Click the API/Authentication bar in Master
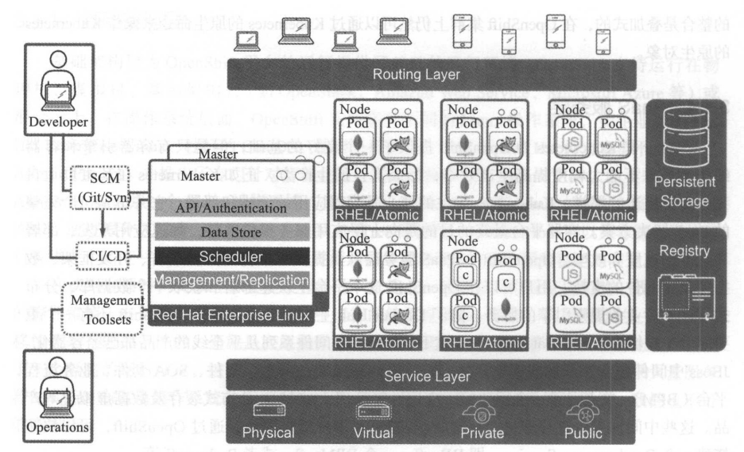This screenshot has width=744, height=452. click(231, 208)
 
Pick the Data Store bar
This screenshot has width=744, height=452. click(231, 232)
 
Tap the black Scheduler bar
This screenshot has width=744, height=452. click(231, 256)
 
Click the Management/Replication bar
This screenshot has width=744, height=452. click(231, 279)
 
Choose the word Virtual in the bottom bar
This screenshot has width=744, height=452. click(373, 433)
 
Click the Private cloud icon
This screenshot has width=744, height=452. click(482, 411)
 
